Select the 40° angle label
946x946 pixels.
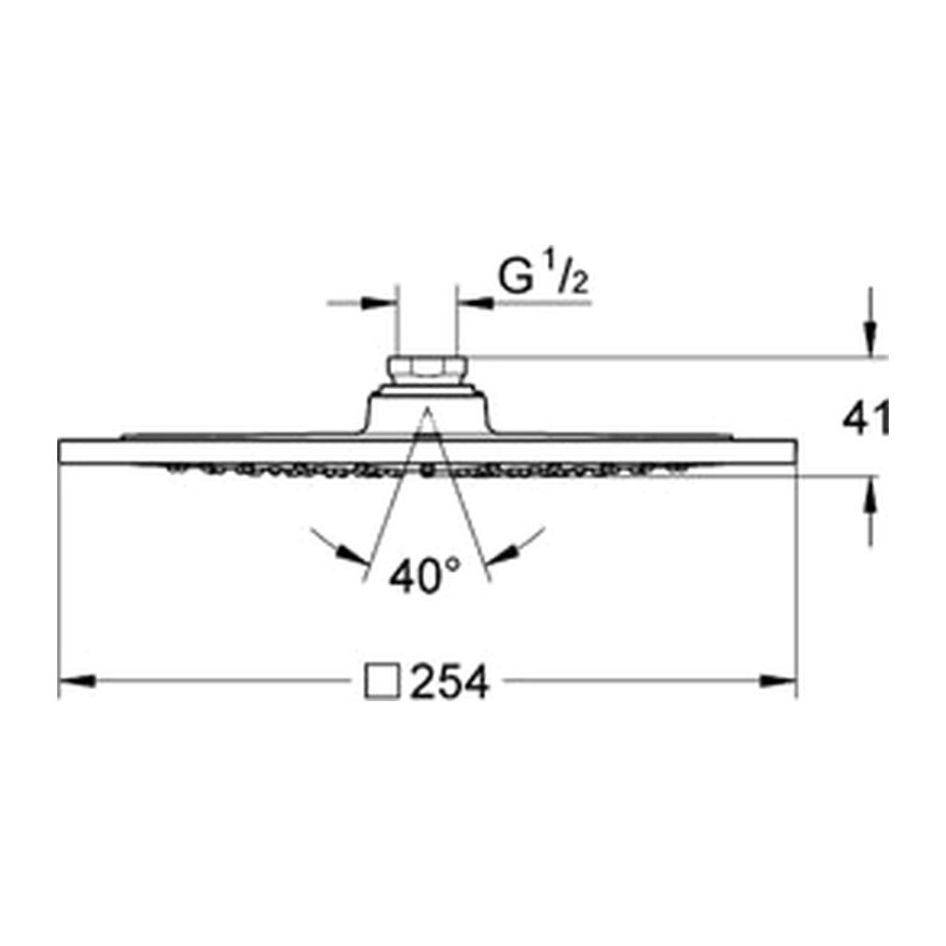click(425, 576)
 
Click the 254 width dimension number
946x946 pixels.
click(450, 682)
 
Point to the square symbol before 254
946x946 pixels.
click(382, 682)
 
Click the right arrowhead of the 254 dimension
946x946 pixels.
click(778, 681)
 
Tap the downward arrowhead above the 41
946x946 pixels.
click(870, 339)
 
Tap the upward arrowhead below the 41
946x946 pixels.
click(870, 495)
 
